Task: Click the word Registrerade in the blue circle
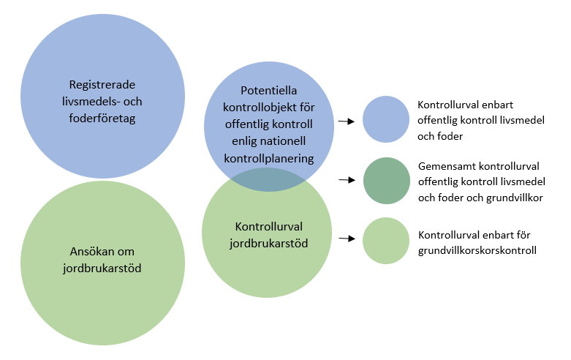102,85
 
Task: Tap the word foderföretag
102,119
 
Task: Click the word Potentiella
269,90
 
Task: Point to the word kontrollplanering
269,159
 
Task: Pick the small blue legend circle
386,119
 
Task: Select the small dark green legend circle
387,181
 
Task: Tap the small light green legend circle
386,241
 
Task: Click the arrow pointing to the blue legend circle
347,121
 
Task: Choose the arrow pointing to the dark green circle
347,180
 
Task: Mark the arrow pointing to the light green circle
347,239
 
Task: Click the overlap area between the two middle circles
268,180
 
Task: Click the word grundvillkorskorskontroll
477,251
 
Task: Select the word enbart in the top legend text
497,105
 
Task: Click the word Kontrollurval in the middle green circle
269,227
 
